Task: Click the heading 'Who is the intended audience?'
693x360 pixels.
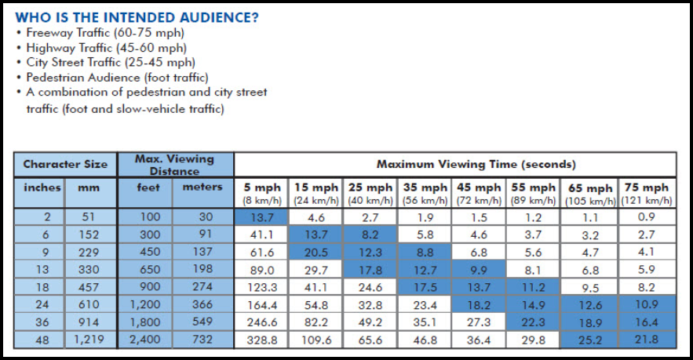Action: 137,16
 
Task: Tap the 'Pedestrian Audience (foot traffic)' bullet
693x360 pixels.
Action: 117,77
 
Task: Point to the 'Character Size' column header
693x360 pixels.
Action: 65,165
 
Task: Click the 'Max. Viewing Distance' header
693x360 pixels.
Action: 175,165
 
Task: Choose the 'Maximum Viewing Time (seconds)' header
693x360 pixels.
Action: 454,165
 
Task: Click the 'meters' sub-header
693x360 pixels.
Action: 202,187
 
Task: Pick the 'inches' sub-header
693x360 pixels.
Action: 42,187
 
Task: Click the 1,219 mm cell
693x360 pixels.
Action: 89,340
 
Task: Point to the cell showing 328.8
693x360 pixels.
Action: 262,340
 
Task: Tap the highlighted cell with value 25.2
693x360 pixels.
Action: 590,340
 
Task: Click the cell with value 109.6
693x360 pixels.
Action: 316,340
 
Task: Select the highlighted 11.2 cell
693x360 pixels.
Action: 534,286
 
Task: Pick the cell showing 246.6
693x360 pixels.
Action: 262,322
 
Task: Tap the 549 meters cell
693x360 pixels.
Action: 202,322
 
